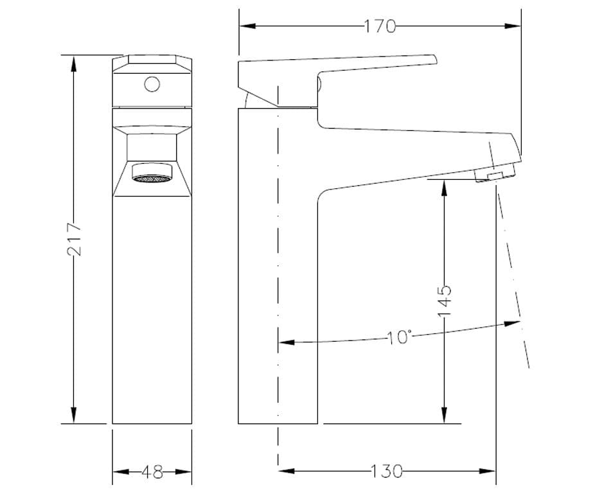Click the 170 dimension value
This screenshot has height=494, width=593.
coord(380,26)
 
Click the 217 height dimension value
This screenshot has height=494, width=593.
coord(75,239)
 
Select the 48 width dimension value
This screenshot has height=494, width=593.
coord(152,473)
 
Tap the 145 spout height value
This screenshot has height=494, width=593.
coord(445,299)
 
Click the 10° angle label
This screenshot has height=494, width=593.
coord(399,337)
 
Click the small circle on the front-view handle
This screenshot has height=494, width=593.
coord(152,84)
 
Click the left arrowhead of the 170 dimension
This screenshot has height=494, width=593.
coord(243,26)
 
